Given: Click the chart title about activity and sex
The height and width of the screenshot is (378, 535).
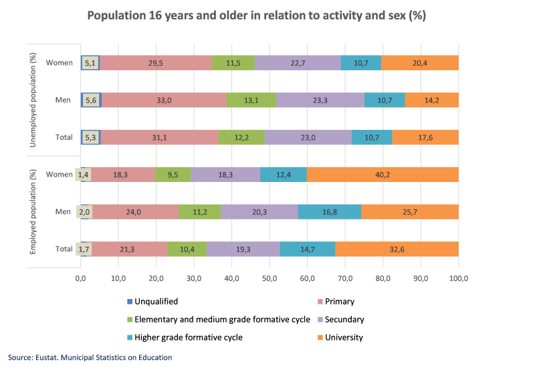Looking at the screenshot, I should point(267,15).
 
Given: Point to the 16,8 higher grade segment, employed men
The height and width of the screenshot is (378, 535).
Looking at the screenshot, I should point(329,212).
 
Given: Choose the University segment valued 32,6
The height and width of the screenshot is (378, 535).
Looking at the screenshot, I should point(397,249).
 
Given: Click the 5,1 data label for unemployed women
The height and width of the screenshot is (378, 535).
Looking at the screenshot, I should point(90,63).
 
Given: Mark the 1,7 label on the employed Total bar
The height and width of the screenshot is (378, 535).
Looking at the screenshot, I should point(84,249).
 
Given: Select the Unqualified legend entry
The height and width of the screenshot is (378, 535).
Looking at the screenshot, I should point(152,302).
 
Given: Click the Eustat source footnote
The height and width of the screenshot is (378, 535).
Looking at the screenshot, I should point(90,357).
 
